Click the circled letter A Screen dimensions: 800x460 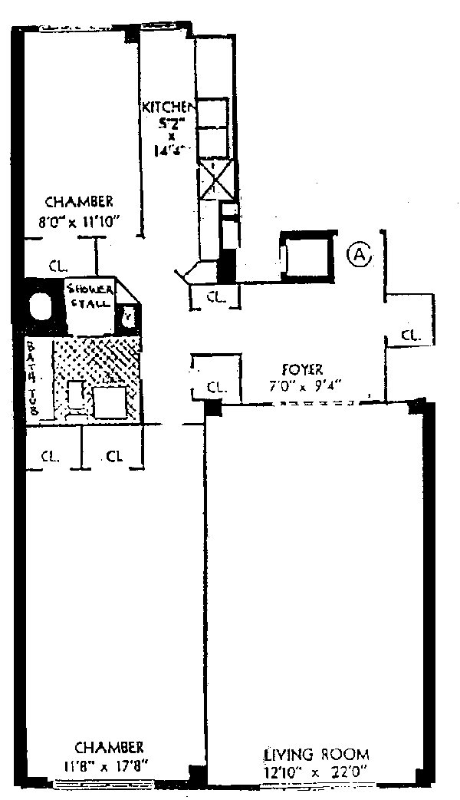tap(359, 253)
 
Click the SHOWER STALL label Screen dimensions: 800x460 tap(90, 296)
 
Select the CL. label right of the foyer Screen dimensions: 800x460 tap(411, 336)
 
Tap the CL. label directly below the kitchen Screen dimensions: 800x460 tap(215, 299)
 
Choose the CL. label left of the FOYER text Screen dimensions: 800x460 tap(215, 388)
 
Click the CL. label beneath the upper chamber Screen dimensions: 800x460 tap(58, 266)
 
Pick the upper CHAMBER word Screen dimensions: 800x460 tap(80, 202)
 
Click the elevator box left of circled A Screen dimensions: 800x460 tap(307, 256)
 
